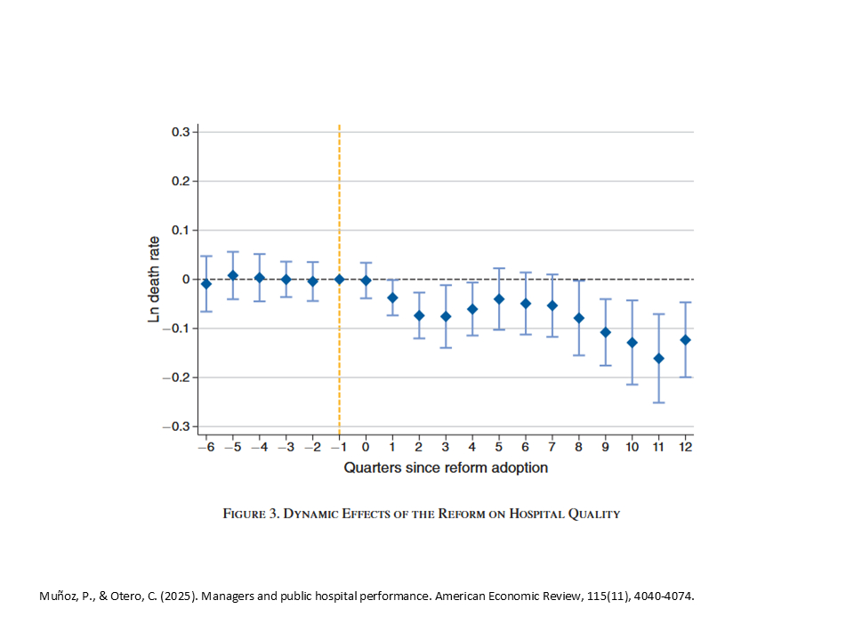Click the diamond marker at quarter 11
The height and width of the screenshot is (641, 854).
tap(659, 358)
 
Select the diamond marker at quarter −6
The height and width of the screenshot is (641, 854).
tap(206, 284)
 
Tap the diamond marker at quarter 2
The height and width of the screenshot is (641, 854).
tap(419, 315)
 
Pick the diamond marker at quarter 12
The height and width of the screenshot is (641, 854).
tap(685, 339)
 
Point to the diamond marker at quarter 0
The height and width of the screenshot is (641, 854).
tap(366, 280)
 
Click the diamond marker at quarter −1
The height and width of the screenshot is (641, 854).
tap(339, 279)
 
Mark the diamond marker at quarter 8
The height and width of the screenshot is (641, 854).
tap(579, 318)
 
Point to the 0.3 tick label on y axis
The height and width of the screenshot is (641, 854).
tap(181, 132)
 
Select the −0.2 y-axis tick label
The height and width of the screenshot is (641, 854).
tap(178, 377)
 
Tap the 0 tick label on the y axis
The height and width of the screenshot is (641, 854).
tap(187, 280)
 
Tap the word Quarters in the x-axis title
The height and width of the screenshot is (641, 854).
tap(374, 467)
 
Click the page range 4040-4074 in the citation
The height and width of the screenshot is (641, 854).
tap(659, 596)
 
